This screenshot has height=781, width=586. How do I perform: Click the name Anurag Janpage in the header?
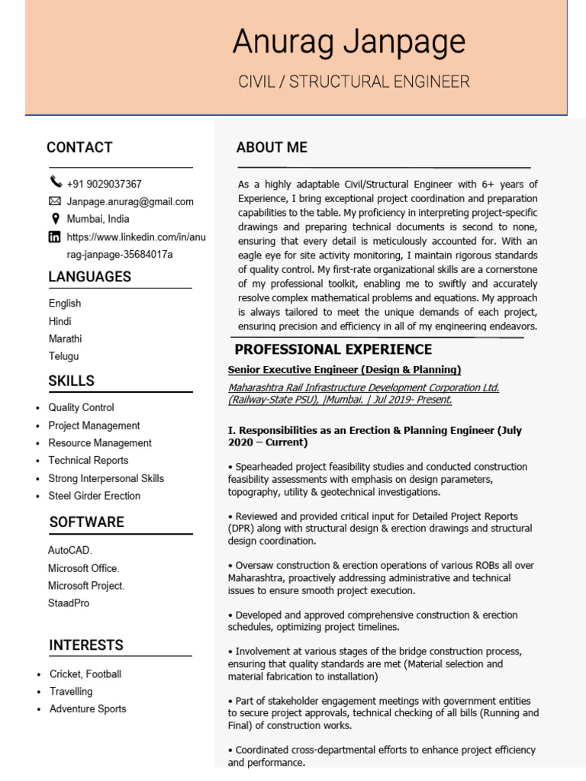point(349,42)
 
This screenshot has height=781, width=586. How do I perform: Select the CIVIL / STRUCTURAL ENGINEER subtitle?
point(354,82)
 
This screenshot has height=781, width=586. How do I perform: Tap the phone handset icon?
point(56,182)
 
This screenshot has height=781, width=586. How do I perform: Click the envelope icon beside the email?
point(55,201)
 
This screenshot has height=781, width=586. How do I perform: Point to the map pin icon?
point(55,219)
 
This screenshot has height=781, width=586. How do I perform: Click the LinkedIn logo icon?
point(55,237)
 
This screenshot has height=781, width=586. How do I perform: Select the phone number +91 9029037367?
point(104,184)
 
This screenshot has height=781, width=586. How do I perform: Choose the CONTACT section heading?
point(79,147)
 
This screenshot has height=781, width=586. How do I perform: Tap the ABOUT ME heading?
point(272,147)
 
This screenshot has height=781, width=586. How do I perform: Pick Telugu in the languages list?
point(64,356)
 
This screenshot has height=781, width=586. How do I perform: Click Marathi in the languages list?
point(66,339)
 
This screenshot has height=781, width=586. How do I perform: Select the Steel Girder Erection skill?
point(94,496)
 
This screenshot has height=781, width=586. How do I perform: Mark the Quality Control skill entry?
point(81,408)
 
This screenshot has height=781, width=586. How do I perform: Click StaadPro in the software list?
point(69,603)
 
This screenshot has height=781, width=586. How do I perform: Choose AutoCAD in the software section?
point(69,550)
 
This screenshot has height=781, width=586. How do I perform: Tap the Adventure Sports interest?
point(88,709)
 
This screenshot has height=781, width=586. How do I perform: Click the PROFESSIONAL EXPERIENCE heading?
point(333,350)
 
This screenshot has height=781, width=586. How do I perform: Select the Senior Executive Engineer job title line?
point(344,370)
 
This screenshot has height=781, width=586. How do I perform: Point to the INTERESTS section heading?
point(86,645)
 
